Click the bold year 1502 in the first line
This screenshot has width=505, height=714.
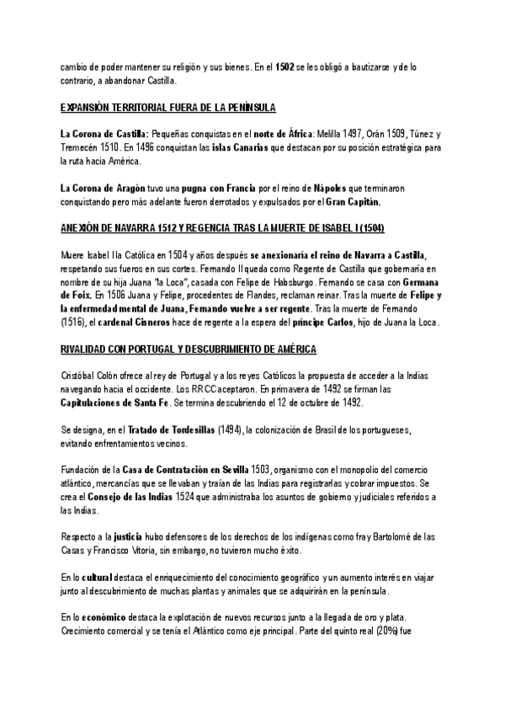coord(284,67)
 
